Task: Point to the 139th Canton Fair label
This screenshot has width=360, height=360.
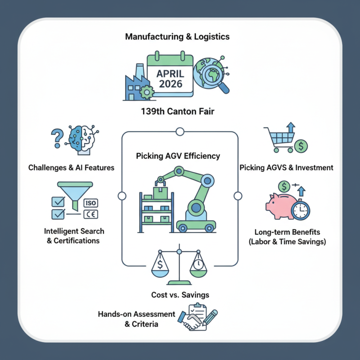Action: point(179,111)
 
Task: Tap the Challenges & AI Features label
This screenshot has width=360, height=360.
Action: point(71,167)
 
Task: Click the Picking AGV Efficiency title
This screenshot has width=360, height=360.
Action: point(178,156)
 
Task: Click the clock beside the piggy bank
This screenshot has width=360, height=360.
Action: point(300,209)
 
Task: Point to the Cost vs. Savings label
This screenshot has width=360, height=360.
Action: point(180,295)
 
